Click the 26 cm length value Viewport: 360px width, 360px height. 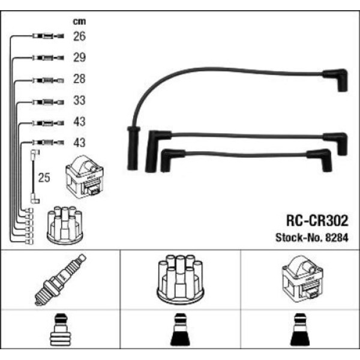[x=80, y=37]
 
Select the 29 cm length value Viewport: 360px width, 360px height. [x=80, y=58]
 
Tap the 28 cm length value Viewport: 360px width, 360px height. [x=80, y=79]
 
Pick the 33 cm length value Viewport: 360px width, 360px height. [x=80, y=101]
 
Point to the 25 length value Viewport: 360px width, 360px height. [x=43, y=178]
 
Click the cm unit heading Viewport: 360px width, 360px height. [x=79, y=21]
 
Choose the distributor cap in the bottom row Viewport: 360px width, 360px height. [x=179, y=279]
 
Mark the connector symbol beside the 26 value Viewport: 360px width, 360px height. [x=45, y=37]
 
